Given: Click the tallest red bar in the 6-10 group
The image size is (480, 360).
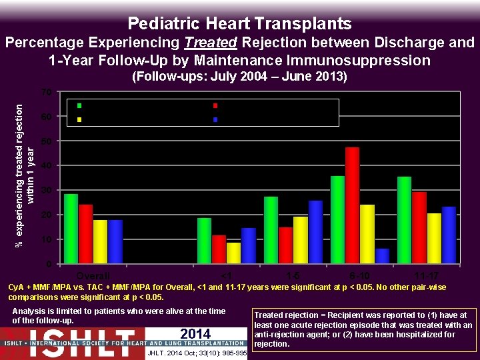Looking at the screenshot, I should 352,205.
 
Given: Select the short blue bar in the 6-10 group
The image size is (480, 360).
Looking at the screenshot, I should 382,256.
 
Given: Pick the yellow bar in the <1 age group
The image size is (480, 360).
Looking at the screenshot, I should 233,253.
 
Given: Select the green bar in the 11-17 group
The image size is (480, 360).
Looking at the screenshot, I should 404,219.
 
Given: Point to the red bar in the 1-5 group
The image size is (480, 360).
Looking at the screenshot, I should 285,245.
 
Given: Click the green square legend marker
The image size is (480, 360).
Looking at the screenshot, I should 79,105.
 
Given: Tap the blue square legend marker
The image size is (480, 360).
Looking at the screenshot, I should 215,119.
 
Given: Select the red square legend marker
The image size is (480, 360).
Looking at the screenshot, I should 215,105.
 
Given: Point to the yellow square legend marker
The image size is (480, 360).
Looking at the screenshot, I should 79,119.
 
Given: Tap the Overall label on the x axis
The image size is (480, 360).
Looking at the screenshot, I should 93,275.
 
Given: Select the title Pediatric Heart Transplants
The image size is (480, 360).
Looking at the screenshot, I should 239,24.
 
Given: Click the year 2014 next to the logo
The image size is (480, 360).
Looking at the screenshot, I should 195,333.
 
